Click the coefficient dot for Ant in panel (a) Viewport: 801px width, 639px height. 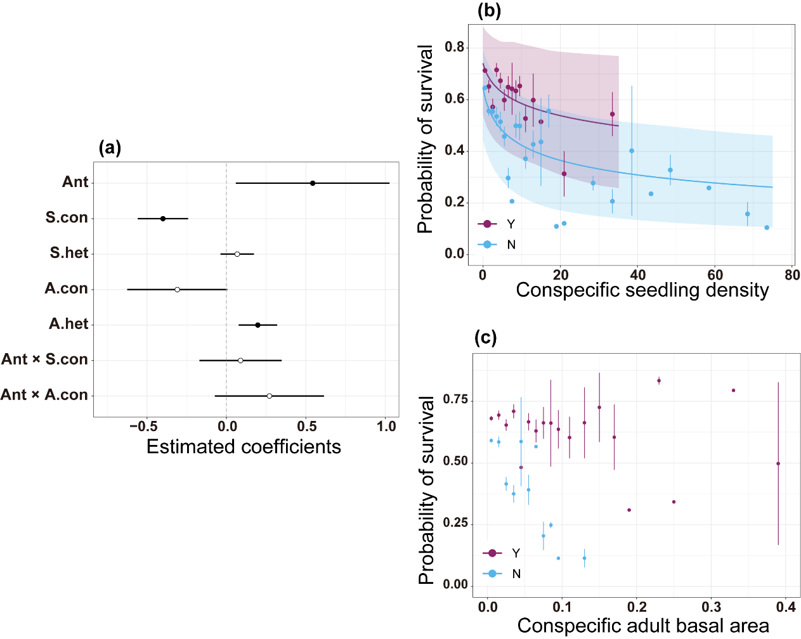(x=313, y=183)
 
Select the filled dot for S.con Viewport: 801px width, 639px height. (x=163, y=219)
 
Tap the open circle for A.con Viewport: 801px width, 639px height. (x=177, y=290)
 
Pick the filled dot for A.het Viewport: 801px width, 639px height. (x=257, y=325)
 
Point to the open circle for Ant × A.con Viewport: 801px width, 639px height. (x=270, y=396)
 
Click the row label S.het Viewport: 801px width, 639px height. (x=69, y=253)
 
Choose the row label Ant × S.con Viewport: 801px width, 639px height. (x=44, y=359)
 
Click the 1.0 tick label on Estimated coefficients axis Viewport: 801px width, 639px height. (x=386, y=427)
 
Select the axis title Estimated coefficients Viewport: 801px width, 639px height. (x=244, y=447)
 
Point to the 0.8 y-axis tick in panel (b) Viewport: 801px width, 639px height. (x=454, y=48)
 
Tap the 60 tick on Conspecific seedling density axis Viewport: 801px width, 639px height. (x=715, y=275)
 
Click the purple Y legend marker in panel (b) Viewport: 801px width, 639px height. (x=487, y=224)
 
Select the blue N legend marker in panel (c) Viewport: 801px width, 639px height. (x=492, y=574)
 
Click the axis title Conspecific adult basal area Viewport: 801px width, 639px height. (x=643, y=626)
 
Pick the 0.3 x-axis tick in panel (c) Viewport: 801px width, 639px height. (x=712, y=607)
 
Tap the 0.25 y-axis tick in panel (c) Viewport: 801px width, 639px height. (x=455, y=523)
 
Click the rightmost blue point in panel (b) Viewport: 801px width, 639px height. (x=767, y=228)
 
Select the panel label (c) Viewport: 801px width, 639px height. (x=486, y=338)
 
